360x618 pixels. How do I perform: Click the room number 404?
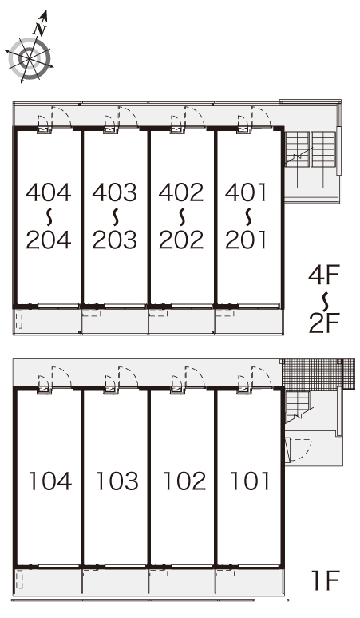coord(49,192)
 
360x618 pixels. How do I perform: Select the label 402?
coord(181,192)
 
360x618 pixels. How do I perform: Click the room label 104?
coord(50,481)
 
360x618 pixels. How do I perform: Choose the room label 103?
coord(117,481)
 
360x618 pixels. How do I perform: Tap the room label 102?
coord(184,481)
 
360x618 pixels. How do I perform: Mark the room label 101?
coord(250,481)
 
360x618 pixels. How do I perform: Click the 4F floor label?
coord(324,275)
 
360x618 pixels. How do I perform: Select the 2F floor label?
coord(324,323)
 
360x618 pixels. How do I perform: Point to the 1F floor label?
coord(326,580)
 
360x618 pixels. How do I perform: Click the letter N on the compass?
coord(39,29)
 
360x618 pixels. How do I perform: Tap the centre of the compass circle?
coord(30,58)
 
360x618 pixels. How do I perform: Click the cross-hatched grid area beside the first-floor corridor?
coord(318,374)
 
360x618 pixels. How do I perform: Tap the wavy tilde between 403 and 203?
coord(115,216)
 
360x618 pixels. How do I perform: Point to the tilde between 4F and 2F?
coord(325,299)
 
